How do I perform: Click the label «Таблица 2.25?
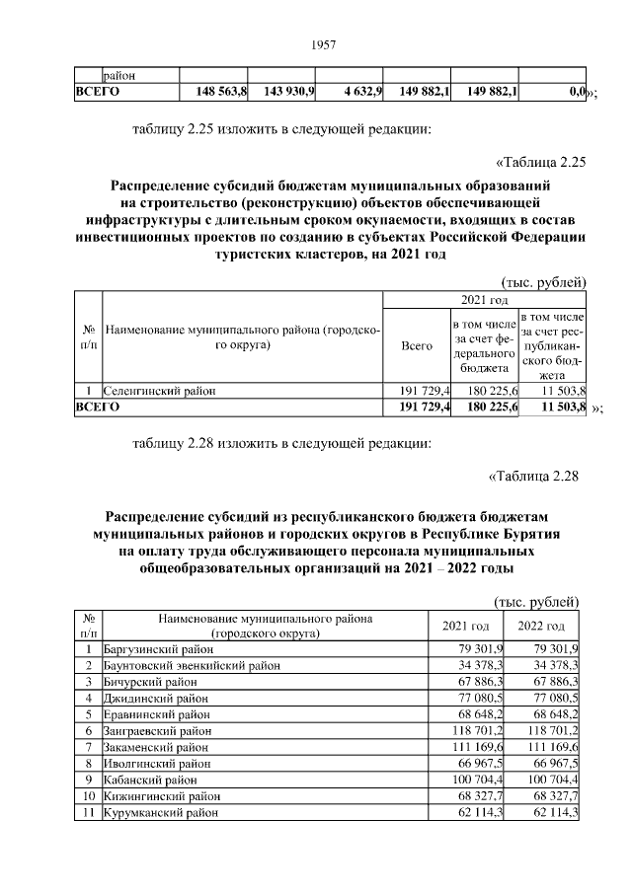click(x=539, y=162)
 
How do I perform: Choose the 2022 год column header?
click(x=541, y=627)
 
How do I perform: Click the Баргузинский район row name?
click(x=158, y=649)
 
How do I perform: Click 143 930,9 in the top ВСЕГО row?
click(x=288, y=92)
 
